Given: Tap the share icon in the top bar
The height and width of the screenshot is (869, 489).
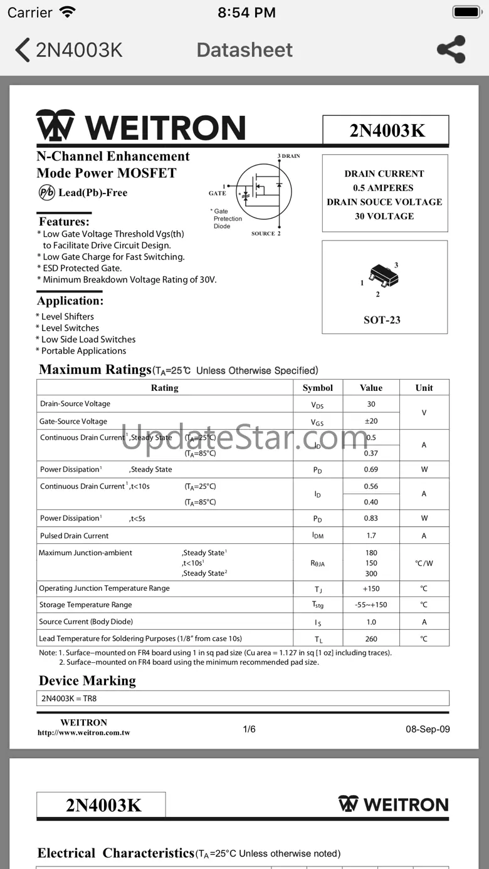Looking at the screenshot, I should point(451,49).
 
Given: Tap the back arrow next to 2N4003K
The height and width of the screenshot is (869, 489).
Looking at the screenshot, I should point(23,50).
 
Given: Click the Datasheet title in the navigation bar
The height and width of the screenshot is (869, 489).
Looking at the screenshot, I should point(244,50).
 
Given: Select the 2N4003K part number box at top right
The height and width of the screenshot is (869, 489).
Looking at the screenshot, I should point(386,130).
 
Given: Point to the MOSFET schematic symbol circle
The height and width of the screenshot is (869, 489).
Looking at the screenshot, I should point(263,191).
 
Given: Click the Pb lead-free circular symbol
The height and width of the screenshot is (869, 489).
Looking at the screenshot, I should point(46,192).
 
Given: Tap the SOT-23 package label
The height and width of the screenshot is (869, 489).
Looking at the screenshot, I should point(382,320).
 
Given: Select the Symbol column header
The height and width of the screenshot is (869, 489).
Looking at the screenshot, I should point(318,388).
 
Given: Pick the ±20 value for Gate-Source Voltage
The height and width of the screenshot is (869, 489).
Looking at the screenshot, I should point(371,421).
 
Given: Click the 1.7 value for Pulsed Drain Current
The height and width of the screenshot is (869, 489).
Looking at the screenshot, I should point(371,536).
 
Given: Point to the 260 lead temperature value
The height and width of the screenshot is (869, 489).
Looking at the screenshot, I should point(371,639).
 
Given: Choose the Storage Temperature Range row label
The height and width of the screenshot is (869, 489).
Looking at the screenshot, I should point(86,605).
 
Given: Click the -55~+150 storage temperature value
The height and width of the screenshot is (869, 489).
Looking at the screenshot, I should point(371,605).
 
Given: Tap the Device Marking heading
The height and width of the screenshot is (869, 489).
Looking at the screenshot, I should point(87,680).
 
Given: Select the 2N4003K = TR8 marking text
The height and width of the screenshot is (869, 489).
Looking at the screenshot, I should point(69,698).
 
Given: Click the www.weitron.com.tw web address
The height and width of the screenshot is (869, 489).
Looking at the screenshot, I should point(84,732).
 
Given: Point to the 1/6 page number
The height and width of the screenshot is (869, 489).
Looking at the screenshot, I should point(249,729).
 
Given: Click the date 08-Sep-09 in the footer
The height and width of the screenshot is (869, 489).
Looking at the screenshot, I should point(428,729).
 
